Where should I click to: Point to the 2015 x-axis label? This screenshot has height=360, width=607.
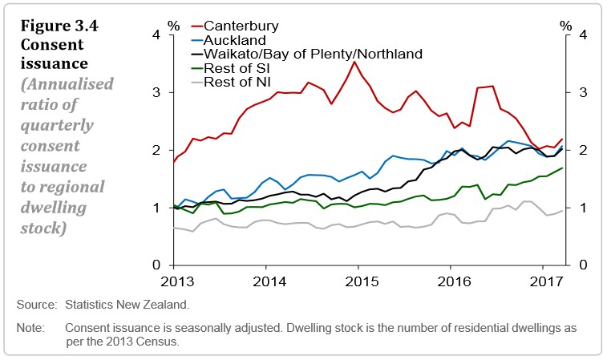coord(358,283)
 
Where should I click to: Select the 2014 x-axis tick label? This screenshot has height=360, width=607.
coord(266,283)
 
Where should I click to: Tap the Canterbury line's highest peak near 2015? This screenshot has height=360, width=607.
coord(354,61)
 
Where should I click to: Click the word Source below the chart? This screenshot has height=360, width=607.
coord(35,305)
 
